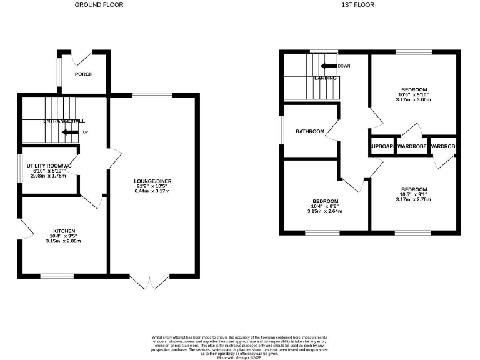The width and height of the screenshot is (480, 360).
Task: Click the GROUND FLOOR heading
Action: tap(99, 4)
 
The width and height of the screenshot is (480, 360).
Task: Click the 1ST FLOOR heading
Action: tap(357, 4)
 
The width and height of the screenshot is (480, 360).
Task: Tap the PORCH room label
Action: tap(84, 74)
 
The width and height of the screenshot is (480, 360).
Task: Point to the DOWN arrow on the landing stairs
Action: tap(329, 66)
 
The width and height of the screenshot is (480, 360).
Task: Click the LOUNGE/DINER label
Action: tap(153, 181)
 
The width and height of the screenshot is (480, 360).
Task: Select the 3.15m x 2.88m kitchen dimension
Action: tap(64, 241)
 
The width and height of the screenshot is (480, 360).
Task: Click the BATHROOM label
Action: tap(310, 131)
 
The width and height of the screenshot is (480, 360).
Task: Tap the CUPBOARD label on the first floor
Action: tap(382, 146)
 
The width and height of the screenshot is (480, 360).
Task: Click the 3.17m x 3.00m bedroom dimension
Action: tap(414, 99)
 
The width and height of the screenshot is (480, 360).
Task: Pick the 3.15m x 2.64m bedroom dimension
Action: tap(325, 211)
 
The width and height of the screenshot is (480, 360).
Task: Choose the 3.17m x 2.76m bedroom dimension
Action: tap(414, 200)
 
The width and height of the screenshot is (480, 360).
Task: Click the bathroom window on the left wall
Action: tap(281, 131)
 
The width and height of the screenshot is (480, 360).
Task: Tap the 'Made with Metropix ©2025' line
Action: tap(239, 356)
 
